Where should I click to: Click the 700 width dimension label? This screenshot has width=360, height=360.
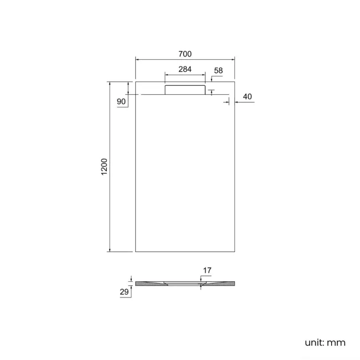(x=185, y=54)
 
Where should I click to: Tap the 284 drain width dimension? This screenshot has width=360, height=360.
(x=185, y=70)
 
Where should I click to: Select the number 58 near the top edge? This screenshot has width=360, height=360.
(x=218, y=70)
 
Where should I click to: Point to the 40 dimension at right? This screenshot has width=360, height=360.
(x=247, y=97)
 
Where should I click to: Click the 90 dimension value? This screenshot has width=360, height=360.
(x=121, y=102)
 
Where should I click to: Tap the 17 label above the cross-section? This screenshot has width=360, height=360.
(x=207, y=271)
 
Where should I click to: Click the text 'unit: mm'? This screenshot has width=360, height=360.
(x=325, y=343)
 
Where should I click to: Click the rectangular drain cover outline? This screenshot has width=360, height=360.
(x=185, y=89)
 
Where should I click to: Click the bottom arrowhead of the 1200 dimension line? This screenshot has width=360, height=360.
(x=110, y=250)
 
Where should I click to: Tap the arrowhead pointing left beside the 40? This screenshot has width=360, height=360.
(x=236, y=102)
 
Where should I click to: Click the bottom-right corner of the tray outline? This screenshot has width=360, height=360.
(x=234, y=251)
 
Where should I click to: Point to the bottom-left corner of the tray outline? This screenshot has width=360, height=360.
(x=136, y=251)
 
